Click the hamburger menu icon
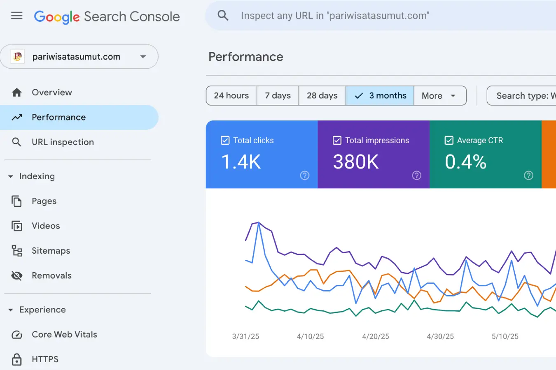click(17, 16)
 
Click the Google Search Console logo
click(107, 16)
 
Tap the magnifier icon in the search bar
click(223, 16)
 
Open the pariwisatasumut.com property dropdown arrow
click(143, 57)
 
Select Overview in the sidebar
click(51, 92)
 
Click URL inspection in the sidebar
click(63, 142)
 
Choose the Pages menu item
click(44, 201)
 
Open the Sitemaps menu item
click(51, 251)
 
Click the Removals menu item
click(51, 275)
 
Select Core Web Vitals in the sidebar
click(64, 335)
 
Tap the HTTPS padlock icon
click(17, 359)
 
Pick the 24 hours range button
click(231, 96)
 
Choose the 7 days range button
click(278, 96)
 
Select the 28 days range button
click(322, 96)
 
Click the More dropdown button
click(439, 96)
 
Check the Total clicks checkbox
click(225, 141)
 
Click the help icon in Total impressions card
click(416, 176)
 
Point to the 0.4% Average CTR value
click(465, 162)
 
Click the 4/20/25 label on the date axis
click(375, 336)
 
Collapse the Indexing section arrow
click(11, 176)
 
